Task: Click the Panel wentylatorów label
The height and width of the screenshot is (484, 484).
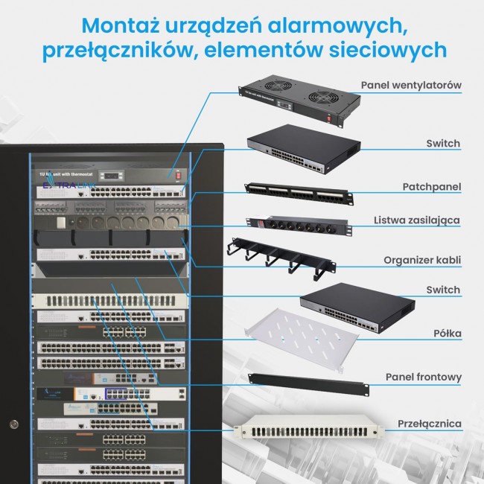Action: (411, 85)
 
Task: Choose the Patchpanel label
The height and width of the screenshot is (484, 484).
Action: (432, 186)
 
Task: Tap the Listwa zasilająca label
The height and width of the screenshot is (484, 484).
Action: (417, 220)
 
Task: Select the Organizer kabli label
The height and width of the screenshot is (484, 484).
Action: (422, 260)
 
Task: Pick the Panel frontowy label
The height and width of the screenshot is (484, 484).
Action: (423, 378)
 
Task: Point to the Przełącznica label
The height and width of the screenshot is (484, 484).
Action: (430, 424)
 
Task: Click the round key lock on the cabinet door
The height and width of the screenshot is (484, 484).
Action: (13, 424)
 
